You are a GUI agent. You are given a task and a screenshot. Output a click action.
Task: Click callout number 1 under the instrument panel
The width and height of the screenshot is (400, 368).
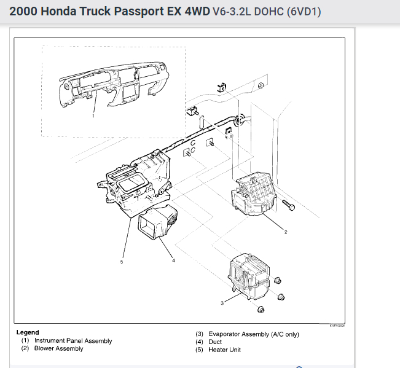93,115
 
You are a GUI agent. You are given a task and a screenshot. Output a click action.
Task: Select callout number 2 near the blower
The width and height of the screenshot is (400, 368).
286,232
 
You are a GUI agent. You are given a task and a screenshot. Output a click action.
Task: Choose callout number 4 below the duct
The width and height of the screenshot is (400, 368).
173,260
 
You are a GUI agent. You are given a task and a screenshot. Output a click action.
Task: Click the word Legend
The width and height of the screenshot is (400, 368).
28,332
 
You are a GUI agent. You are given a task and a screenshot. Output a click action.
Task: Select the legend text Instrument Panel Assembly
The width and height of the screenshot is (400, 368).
73,341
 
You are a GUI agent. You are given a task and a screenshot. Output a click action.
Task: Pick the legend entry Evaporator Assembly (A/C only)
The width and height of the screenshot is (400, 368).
253,334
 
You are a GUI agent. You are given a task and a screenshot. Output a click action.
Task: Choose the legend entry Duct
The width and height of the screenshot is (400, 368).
215,342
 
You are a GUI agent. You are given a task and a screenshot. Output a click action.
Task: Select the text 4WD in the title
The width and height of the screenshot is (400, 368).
191,12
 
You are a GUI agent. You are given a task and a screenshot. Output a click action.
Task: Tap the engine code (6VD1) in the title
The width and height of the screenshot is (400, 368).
303,12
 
